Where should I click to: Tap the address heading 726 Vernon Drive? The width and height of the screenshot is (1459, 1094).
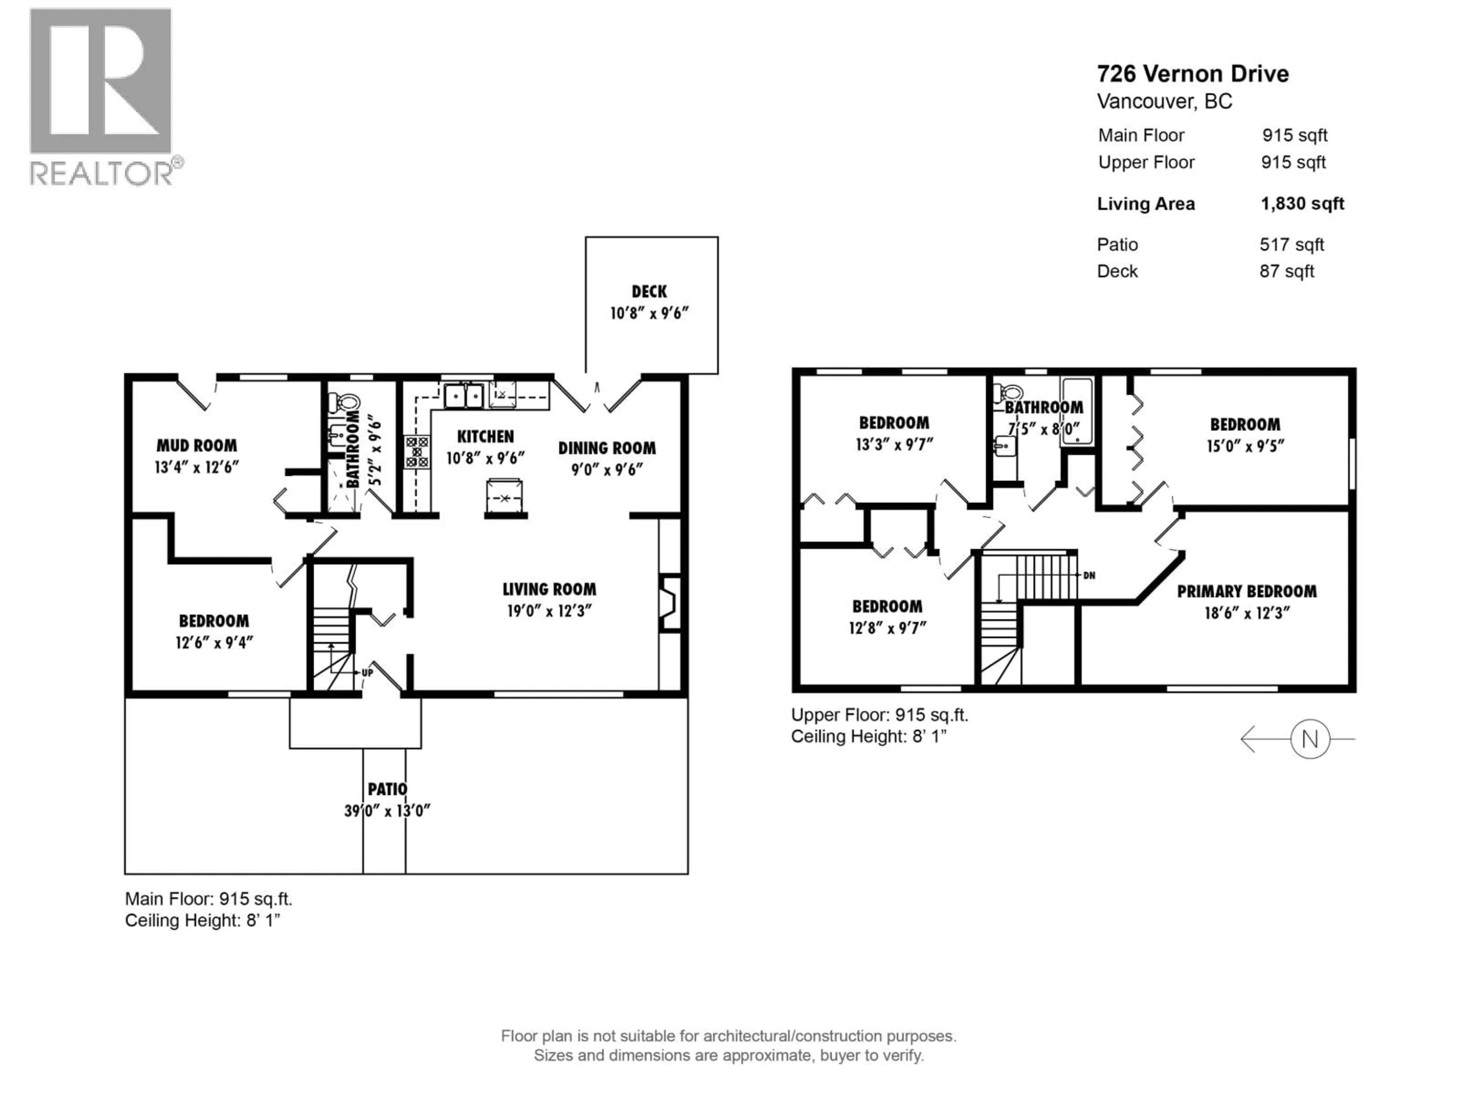pos(1192,74)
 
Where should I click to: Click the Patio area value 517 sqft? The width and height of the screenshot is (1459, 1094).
pos(1291,245)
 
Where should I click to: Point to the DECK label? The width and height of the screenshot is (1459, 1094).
pos(649,291)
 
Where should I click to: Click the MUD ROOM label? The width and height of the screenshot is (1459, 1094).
pos(196,446)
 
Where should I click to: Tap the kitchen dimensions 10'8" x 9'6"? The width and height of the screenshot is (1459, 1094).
pos(486,458)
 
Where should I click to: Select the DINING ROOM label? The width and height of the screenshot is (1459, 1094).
pos(607,448)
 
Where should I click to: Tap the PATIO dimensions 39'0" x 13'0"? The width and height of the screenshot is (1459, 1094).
pos(387,811)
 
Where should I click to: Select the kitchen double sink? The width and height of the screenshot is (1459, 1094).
pos(464,396)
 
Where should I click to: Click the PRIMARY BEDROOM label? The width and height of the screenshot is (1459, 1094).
pos(1247,591)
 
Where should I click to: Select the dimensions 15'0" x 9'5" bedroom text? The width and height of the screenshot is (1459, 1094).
pos(1245,446)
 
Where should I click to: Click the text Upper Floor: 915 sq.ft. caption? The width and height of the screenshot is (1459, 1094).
pos(879,715)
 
